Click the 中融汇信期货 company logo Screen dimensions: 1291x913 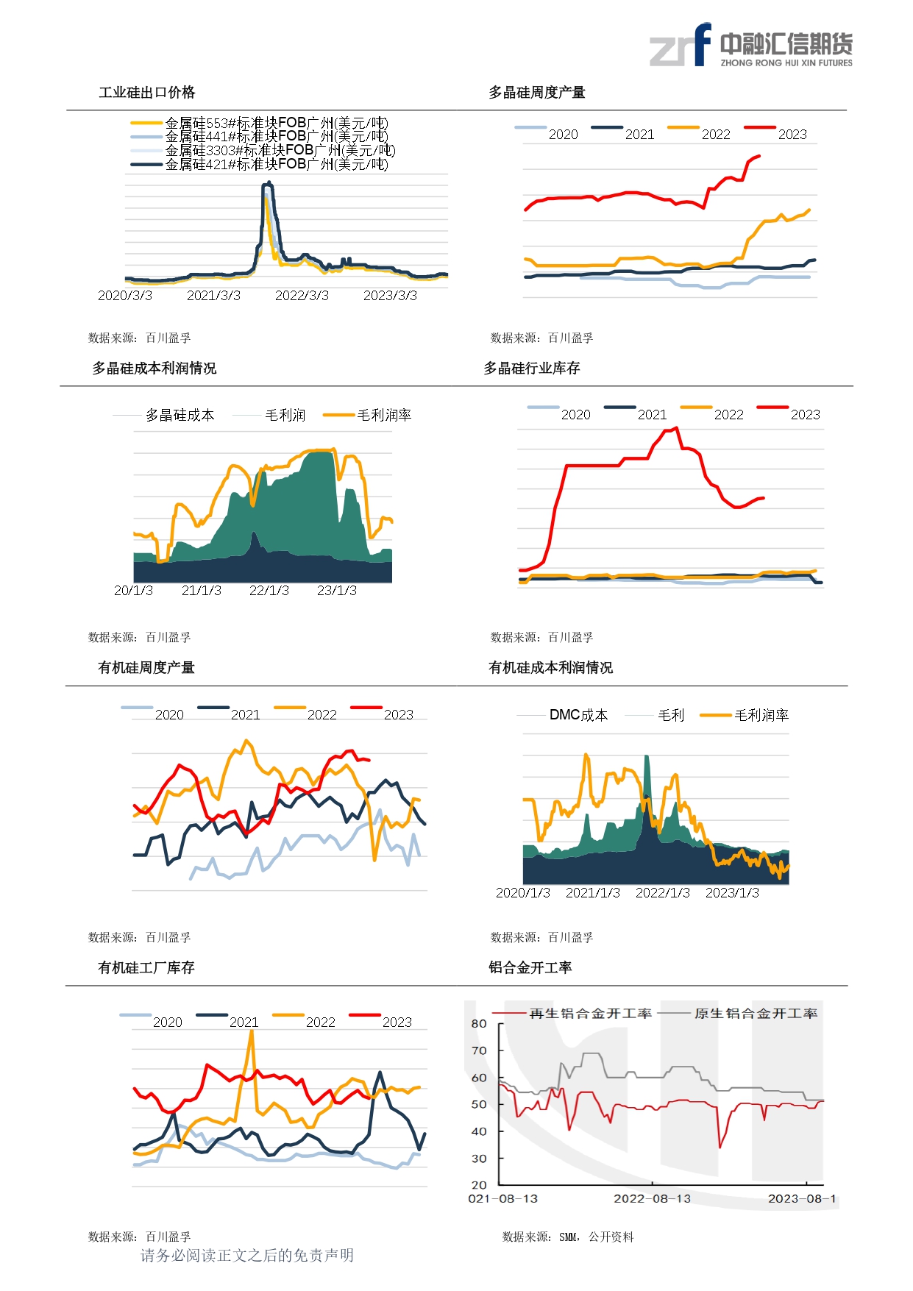pyautogui.click(x=750, y=46)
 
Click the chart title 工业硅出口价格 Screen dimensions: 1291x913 pyautogui.click(x=147, y=93)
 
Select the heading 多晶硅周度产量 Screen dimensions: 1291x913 pyautogui.click(x=537, y=93)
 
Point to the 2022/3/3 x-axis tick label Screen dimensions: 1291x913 pyautogui.click(x=302, y=296)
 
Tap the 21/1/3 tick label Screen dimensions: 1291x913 pyautogui.click(x=201, y=591)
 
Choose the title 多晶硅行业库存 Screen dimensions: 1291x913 pyautogui.click(x=532, y=369)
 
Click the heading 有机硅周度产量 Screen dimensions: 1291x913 pyautogui.click(x=146, y=668)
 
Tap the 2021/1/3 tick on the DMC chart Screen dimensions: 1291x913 pyautogui.click(x=592, y=893)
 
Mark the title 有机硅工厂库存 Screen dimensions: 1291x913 pyautogui.click(x=146, y=968)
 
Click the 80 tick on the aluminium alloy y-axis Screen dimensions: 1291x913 pyautogui.click(x=479, y=1024)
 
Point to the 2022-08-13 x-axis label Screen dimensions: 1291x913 pyautogui.click(x=652, y=1199)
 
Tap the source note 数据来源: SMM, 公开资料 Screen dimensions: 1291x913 pyautogui.click(x=567, y=1237)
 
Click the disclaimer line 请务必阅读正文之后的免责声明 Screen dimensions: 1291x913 pyautogui.click(x=247, y=1256)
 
